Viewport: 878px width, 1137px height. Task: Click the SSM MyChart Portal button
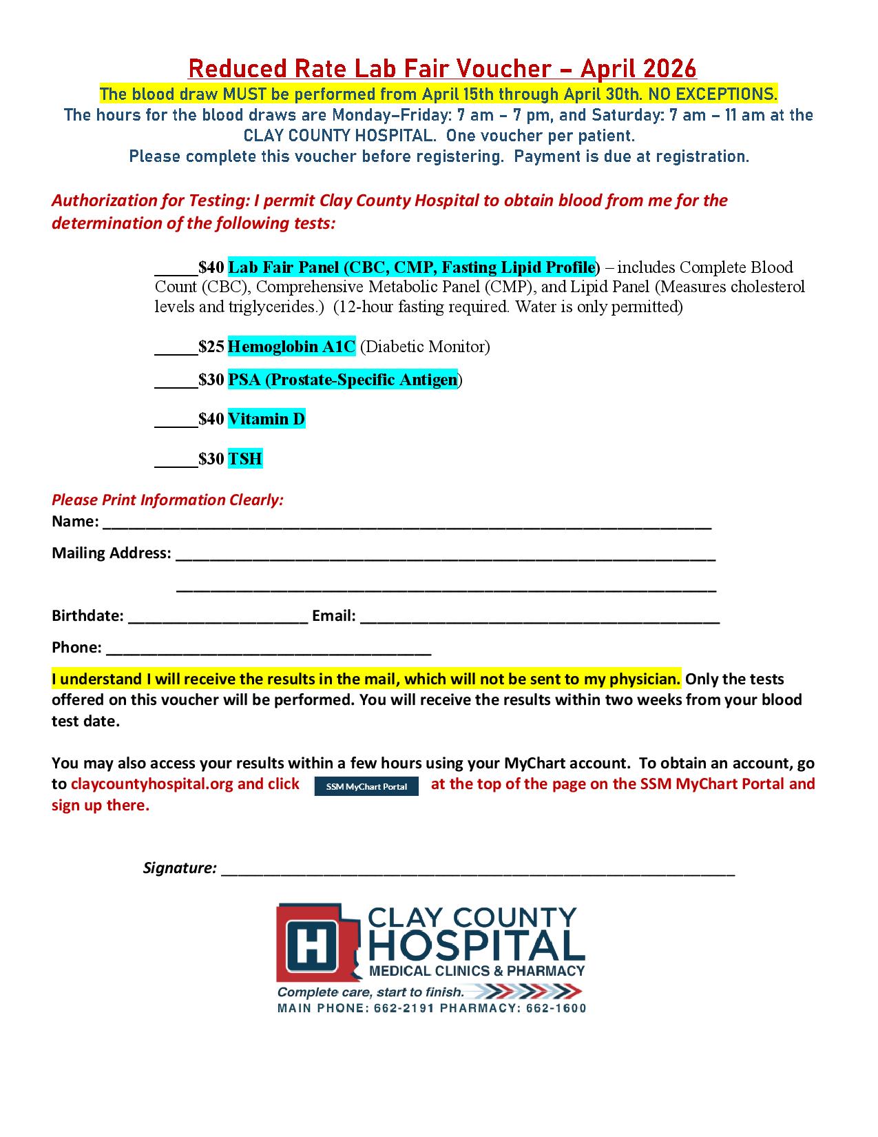[x=366, y=786]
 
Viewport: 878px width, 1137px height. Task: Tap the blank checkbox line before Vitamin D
[x=176, y=419]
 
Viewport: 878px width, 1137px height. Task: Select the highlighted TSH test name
[x=245, y=459]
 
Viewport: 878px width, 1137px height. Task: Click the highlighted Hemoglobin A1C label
[x=291, y=347]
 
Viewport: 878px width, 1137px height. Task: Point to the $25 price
[x=211, y=347]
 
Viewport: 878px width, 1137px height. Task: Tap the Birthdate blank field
[x=218, y=617]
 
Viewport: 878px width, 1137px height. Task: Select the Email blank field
[x=539, y=617]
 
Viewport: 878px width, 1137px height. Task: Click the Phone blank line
[x=269, y=649]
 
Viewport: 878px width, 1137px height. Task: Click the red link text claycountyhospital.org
[x=152, y=784]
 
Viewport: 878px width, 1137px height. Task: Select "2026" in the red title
[x=670, y=69]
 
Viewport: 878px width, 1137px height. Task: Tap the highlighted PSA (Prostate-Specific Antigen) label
[x=342, y=380]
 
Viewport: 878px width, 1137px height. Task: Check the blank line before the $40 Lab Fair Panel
[x=176, y=267]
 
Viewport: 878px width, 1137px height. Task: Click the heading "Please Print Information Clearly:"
[x=167, y=500]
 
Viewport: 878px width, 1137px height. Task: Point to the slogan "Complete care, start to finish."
[x=370, y=992]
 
